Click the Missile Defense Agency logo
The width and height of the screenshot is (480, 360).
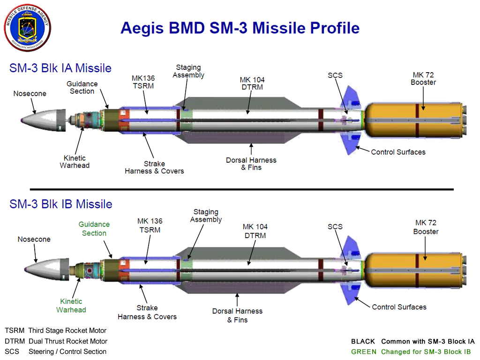(x=27, y=28)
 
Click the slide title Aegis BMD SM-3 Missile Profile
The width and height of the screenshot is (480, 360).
(x=240, y=28)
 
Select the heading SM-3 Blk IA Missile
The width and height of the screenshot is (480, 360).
(x=60, y=68)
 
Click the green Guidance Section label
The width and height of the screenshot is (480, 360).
(x=94, y=229)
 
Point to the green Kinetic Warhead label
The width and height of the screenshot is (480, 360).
(x=71, y=306)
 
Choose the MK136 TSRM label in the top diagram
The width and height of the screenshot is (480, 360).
(x=143, y=82)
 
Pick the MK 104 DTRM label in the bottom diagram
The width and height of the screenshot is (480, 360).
(x=255, y=231)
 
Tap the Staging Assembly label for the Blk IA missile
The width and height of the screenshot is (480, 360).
(x=188, y=72)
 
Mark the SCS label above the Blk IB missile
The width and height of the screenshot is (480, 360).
(x=335, y=227)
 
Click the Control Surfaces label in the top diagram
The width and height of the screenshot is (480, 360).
(x=398, y=152)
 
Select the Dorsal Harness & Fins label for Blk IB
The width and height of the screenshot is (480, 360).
(x=237, y=315)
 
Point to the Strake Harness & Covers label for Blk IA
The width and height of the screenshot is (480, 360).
(x=154, y=167)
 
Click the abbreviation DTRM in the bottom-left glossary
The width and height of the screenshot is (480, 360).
(x=15, y=341)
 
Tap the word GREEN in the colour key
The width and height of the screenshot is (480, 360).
(x=364, y=352)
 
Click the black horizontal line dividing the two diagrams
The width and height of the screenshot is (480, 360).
(x=241, y=189)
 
